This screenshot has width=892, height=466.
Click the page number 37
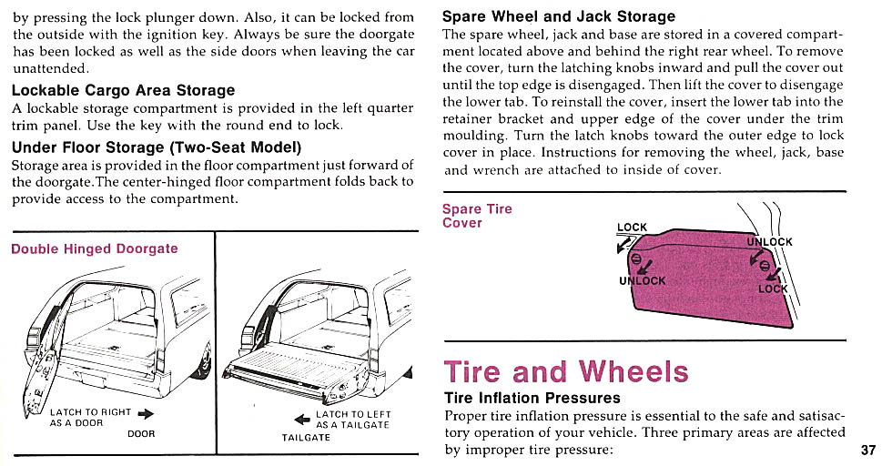point(867,450)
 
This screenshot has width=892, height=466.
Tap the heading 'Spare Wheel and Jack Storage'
point(558,16)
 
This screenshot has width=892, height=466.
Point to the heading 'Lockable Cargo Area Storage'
point(123,90)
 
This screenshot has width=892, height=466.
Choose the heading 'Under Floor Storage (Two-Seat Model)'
point(157,147)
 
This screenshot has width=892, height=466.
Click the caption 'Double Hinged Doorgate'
point(95,248)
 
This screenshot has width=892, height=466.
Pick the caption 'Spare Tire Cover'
point(477,216)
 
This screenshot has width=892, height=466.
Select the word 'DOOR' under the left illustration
point(141,434)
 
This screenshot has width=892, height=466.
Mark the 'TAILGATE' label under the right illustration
point(306,438)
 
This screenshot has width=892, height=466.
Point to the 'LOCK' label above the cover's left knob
point(632,228)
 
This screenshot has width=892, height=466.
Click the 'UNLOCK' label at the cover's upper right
point(770,242)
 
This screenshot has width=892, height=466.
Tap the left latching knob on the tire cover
point(636,258)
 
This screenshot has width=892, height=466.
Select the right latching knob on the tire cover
point(765,266)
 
